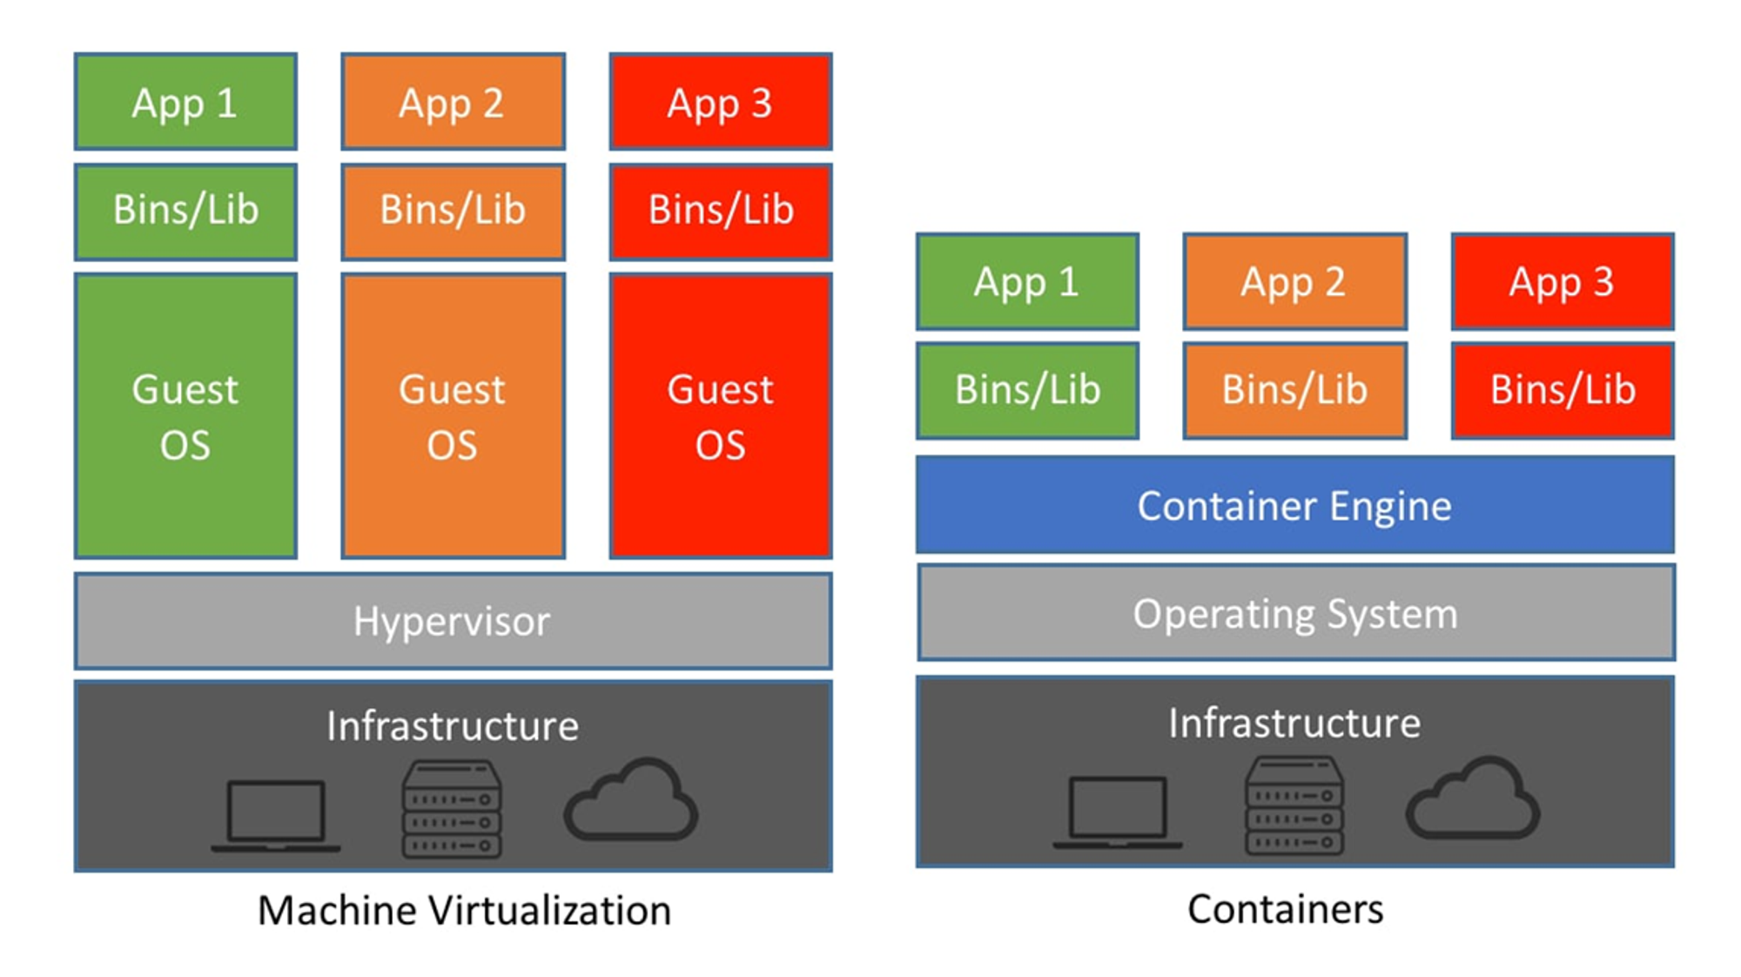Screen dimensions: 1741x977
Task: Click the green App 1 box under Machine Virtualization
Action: (x=185, y=102)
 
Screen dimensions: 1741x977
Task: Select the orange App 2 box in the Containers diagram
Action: (x=1294, y=281)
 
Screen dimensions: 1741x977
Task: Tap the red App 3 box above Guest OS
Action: (x=721, y=102)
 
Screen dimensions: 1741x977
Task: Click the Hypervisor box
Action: (x=453, y=621)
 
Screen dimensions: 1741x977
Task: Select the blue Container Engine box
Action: (x=1294, y=505)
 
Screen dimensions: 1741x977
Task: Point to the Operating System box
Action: (x=1295, y=613)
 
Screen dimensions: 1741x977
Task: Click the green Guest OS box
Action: (x=185, y=416)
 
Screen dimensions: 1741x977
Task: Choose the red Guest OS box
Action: (x=721, y=416)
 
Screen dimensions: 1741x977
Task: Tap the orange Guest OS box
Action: (x=453, y=416)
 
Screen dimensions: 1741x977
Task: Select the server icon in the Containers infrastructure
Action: (x=1294, y=805)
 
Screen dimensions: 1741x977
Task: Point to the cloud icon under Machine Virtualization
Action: (x=631, y=799)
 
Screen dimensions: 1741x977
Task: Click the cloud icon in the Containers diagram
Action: (x=1473, y=798)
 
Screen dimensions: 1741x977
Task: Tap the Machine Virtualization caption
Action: (x=464, y=911)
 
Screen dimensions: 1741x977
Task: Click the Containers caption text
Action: (x=1285, y=909)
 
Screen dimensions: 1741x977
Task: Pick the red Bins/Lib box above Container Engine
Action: (x=1563, y=390)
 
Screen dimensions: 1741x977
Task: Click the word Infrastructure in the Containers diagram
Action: (x=1294, y=723)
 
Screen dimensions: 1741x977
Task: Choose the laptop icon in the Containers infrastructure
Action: (x=1118, y=812)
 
